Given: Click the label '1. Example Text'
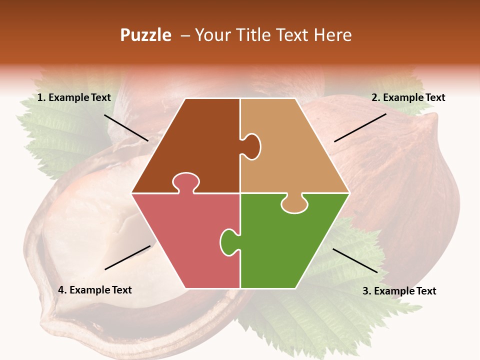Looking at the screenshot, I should coord(74,97).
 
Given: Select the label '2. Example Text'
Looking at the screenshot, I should coord(408,97).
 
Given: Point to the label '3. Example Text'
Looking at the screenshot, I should coord(399,291).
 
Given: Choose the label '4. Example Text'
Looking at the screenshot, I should coord(95,290).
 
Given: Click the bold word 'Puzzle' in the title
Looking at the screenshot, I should coord(145,35).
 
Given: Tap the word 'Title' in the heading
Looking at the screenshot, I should coord(255,35).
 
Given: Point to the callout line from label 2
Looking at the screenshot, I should coord(360,127).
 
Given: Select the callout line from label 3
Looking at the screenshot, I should coord(355,260).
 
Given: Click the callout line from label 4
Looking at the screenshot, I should coord(127,257).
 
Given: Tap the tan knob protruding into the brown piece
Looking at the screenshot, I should coord(251,145).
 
